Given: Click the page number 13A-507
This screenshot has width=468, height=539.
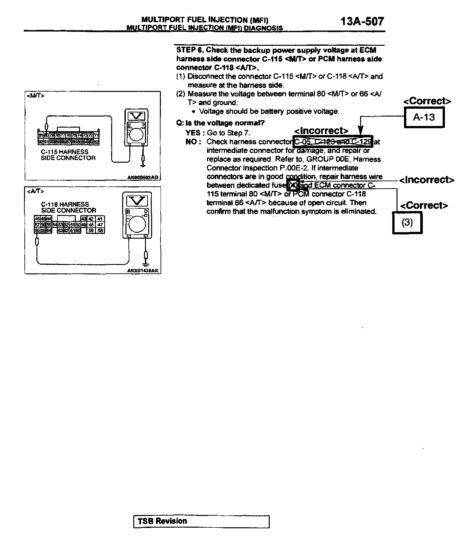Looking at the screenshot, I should click(362, 21).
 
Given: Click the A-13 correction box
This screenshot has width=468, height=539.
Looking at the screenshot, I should click(424, 117).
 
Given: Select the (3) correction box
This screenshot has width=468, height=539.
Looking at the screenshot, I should click(407, 222).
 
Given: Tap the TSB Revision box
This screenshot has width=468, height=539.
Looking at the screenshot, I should click(201, 521).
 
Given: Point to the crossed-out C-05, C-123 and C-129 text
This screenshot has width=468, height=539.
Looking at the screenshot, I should click(333, 142).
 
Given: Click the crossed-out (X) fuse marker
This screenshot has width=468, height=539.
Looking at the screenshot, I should click(293, 185).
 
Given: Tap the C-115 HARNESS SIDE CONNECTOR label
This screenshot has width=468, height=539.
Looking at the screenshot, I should click(68, 155).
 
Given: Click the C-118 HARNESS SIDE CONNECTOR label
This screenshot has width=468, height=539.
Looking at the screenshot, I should click(69, 207).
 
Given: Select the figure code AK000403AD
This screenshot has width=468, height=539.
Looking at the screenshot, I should click(143, 177).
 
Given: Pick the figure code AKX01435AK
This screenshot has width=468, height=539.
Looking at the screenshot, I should click(143, 271).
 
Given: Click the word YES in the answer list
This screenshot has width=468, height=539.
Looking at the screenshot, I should click(193, 133).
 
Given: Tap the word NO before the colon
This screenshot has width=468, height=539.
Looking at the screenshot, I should click(191, 142).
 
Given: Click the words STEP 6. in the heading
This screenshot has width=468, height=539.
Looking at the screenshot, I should click(190, 50).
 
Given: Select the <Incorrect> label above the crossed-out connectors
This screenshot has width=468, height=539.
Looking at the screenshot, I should click(321, 131).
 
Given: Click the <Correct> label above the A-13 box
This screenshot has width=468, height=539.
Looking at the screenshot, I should click(427, 101).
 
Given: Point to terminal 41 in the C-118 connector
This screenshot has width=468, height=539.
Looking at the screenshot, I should click(100, 219).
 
